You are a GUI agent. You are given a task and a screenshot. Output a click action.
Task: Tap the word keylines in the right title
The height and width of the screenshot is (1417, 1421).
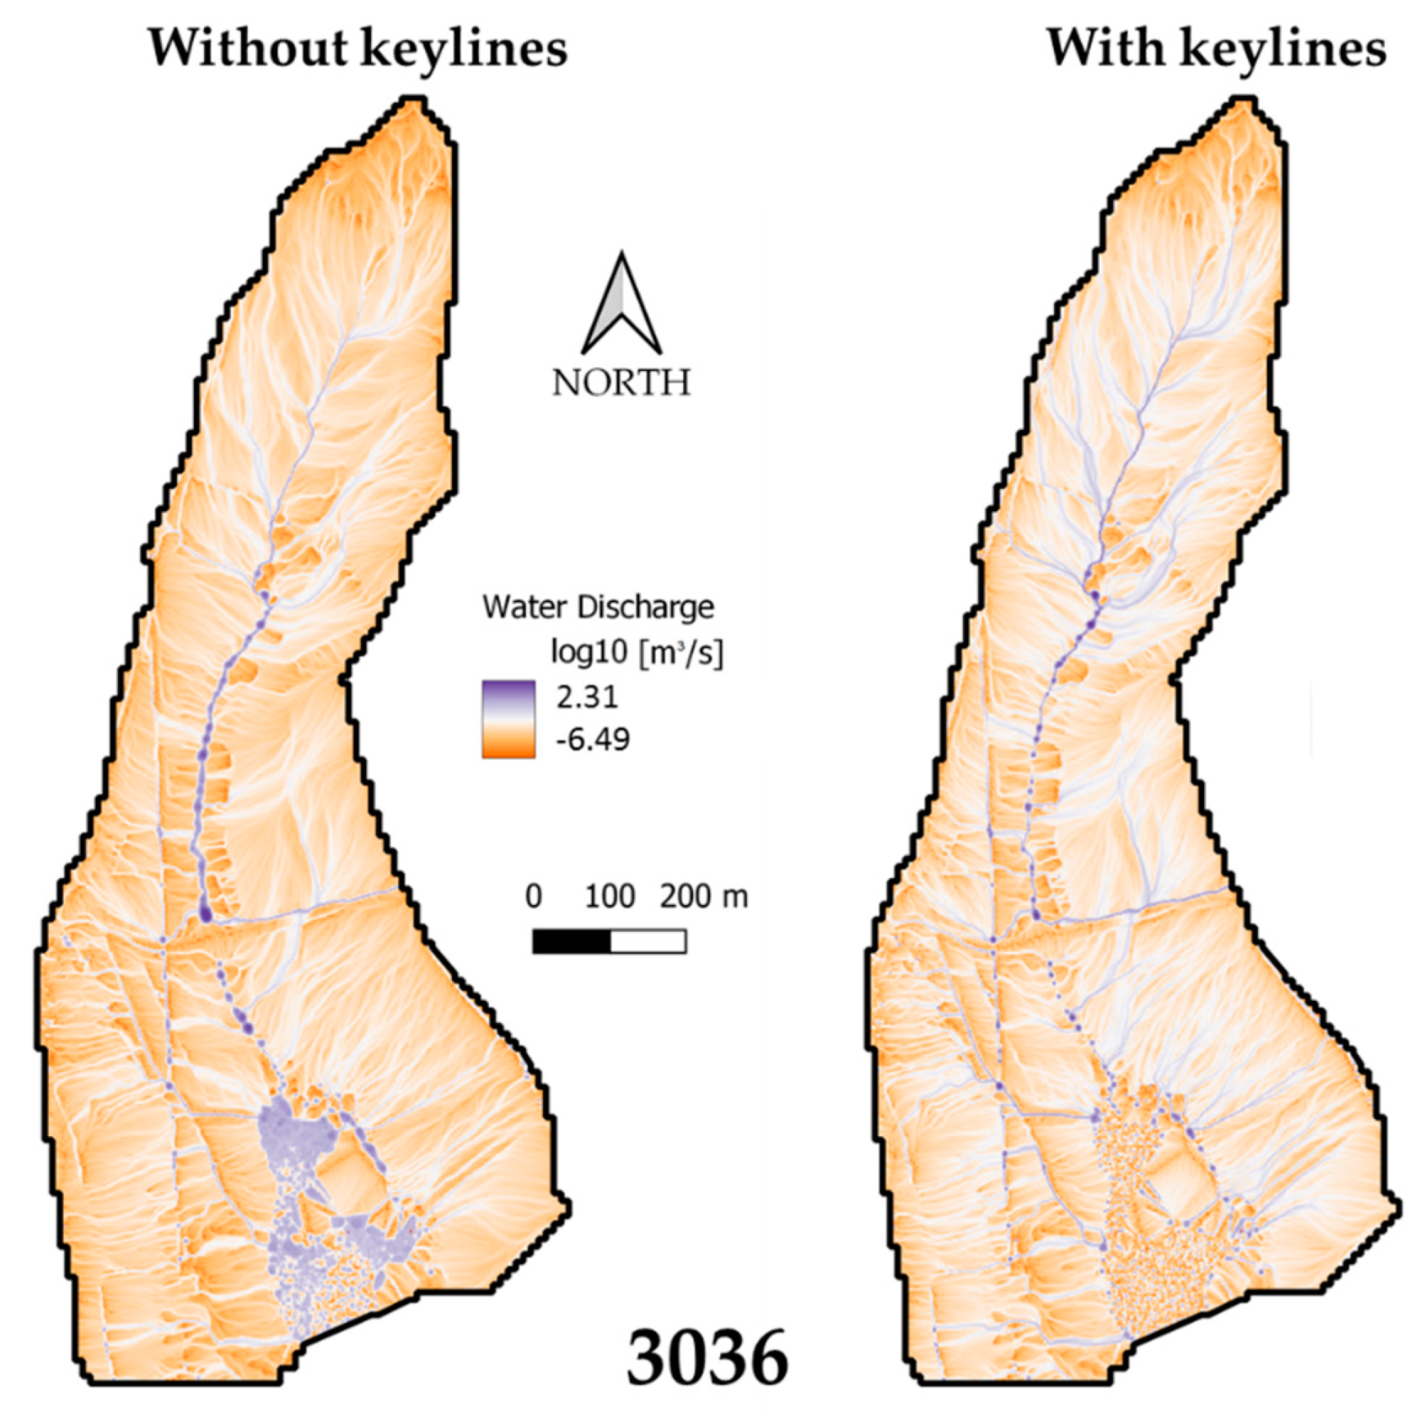click(1287, 49)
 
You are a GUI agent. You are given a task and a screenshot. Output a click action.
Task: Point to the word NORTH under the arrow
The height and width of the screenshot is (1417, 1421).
click(622, 383)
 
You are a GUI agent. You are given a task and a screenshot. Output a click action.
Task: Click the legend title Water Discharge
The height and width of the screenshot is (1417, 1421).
click(598, 607)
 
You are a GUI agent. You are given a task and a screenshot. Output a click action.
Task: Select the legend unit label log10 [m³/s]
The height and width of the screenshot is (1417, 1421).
click(637, 653)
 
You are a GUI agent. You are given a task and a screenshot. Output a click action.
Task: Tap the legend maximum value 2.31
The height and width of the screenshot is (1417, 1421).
click(587, 697)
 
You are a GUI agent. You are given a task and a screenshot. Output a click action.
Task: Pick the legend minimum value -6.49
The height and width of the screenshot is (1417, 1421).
click(592, 740)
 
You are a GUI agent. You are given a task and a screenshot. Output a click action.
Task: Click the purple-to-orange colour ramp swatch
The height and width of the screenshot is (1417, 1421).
click(509, 718)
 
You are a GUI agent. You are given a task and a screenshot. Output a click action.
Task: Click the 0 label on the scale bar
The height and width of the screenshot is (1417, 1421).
click(533, 897)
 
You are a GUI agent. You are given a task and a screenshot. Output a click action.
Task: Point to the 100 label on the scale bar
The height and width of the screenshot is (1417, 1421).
click(610, 897)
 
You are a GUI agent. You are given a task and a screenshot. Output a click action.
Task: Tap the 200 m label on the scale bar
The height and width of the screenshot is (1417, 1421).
click(704, 897)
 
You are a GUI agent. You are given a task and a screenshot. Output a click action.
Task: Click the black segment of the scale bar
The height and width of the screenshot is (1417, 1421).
click(572, 941)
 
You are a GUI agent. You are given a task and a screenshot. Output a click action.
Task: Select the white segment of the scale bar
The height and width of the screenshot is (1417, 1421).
click(648, 941)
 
